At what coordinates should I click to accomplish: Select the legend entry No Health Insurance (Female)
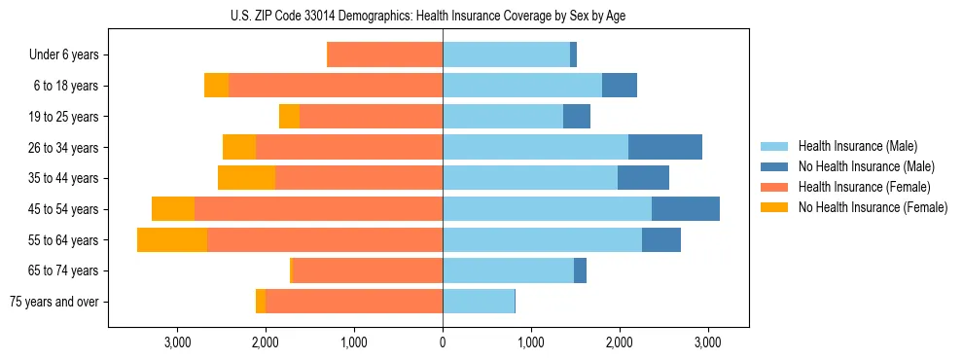pos(872,207)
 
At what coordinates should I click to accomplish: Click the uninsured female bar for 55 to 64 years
pos(172,240)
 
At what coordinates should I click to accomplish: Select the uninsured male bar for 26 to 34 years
pos(665,148)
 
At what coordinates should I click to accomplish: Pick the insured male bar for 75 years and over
pos(479,302)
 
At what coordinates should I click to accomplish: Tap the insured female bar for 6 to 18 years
pos(336,86)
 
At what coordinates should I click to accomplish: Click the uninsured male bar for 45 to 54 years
pos(686,209)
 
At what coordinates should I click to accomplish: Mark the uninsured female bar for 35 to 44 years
pos(246,178)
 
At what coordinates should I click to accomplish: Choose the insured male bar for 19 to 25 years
pos(503,117)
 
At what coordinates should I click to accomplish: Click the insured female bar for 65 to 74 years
pos(368,270)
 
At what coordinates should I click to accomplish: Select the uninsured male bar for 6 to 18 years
pos(620,86)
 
